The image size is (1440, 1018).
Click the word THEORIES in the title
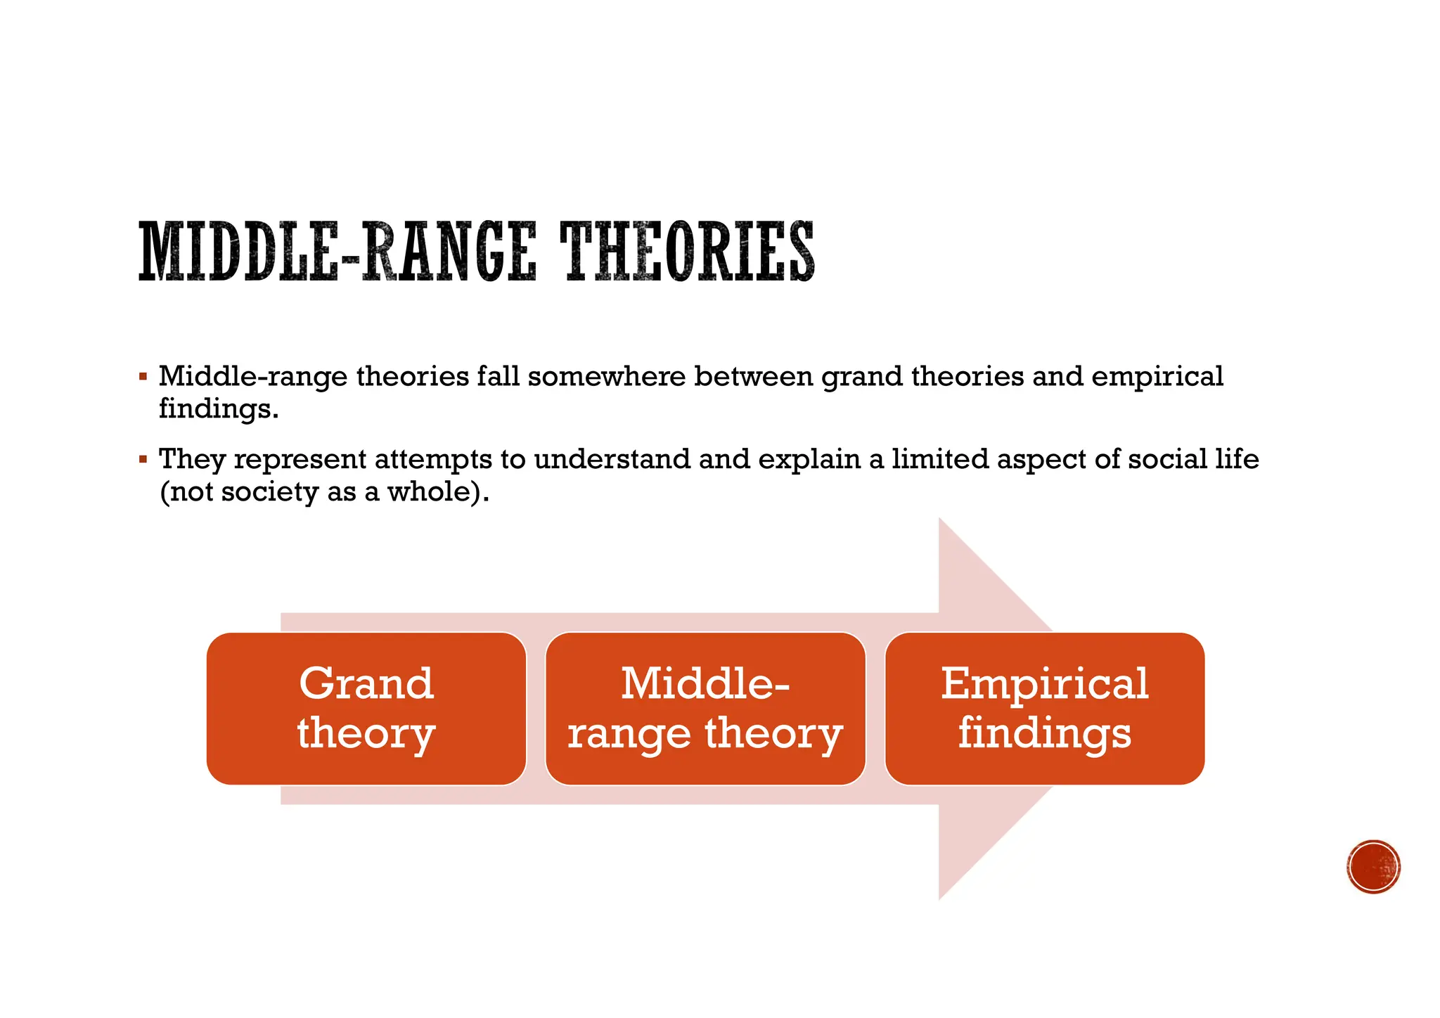(687, 252)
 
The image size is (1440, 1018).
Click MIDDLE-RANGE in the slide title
(337, 252)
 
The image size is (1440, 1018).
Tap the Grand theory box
(366, 708)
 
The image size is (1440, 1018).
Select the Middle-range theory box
(705, 708)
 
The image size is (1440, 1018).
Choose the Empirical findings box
(1045, 708)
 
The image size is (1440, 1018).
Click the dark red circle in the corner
(1374, 866)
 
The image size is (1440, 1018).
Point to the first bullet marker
(143, 378)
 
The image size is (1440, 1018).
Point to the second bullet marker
(143, 460)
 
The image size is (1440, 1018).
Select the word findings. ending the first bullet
(219, 408)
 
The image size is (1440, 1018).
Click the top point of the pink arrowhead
(940, 520)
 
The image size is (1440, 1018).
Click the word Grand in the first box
(366, 683)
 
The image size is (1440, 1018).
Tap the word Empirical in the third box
(1045, 683)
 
